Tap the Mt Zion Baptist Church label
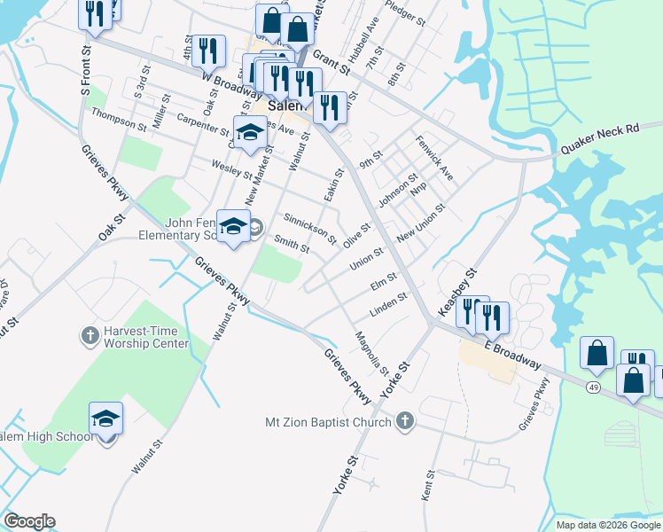coord(329,422)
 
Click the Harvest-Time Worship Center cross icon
coord(88,335)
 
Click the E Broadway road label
coord(512,354)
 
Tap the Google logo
coord(29,521)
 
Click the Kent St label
coord(428,488)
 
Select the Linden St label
coord(386,306)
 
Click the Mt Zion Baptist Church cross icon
coord(405,421)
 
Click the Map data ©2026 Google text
coord(609,525)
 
